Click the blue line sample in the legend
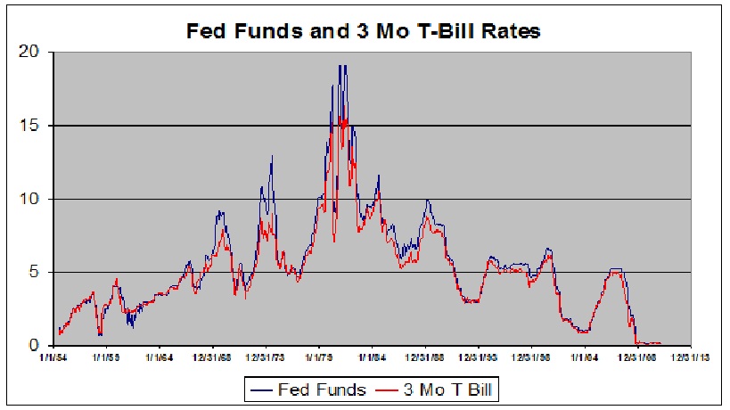click(x=261, y=389)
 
